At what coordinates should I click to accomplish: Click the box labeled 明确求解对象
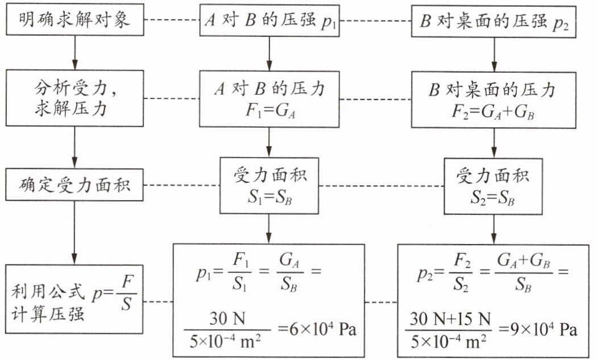coord(74,20)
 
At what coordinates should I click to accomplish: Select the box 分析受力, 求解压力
coord(74,98)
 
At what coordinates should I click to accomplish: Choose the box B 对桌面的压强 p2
coord(494,22)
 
